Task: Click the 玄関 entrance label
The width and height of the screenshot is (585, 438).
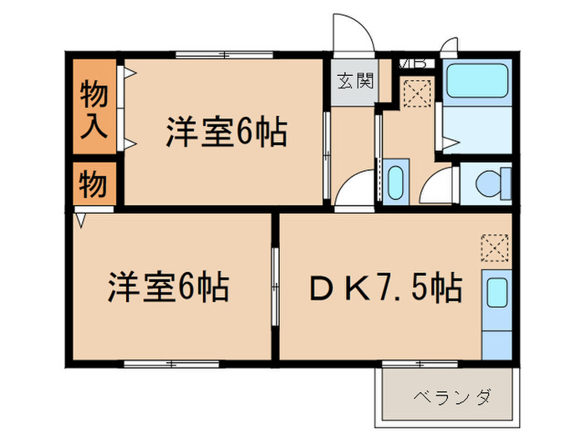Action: [x=354, y=82]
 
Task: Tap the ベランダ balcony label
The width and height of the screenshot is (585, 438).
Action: [x=450, y=396]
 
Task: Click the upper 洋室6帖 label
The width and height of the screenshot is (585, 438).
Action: [x=226, y=133]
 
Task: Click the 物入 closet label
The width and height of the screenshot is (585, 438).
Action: [x=94, y=108]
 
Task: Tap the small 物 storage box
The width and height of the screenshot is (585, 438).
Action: [x=94, y=183]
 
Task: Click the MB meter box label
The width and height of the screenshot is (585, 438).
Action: [x=415, y=63]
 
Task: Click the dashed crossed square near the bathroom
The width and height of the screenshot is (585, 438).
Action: [x=415, y=93]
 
